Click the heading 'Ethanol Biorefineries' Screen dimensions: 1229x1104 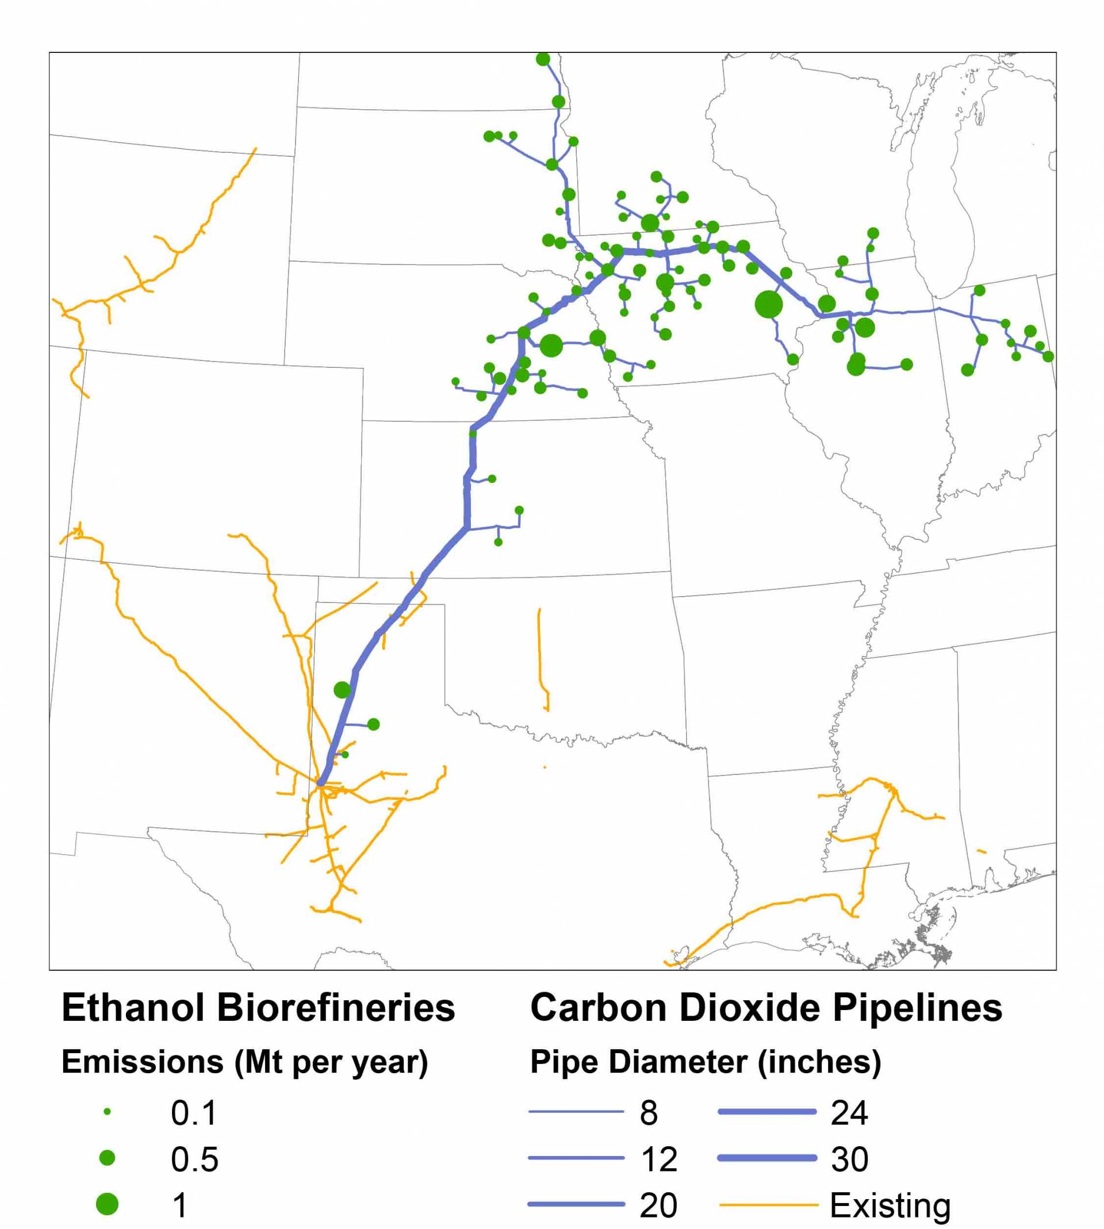tap(258, 1008)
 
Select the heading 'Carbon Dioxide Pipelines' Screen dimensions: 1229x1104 tap(766, 1008)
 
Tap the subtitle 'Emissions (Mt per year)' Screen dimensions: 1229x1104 tap(245, 1062)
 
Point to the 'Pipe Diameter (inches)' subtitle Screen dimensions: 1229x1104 tap(706, 1062)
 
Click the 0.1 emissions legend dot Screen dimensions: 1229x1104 tap(108, 1112)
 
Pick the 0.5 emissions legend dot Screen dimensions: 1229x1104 tap(108, 1158)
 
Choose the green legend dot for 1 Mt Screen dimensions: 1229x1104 tap(108, 1204)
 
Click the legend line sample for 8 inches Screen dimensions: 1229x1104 tap(576, 1112)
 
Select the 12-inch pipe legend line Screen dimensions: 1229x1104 tap(576, 1158)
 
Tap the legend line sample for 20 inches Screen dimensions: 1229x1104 tap(576, 1204)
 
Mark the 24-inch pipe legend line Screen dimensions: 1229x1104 tap(768, 1112)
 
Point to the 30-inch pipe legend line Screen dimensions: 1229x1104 tap(768, 1158)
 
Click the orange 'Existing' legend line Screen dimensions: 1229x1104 tap(769, 1205)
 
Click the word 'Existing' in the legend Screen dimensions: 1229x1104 tap(890, 1205)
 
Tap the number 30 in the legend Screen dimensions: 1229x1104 tap(849, 1159)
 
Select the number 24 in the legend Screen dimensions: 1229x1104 tap(849, 1112)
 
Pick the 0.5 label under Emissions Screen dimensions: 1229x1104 tap(194, 1159)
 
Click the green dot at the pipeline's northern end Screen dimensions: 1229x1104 tap(543, 59)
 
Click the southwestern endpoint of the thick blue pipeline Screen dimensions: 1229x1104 tap(320, 784)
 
